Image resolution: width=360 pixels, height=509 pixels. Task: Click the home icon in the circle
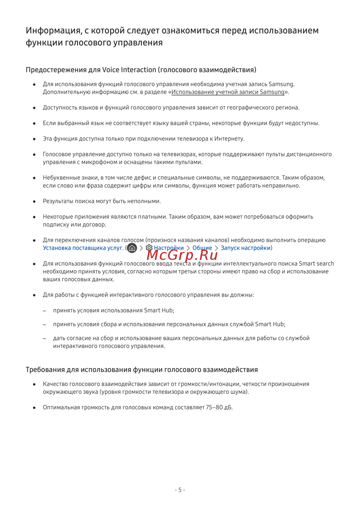click(132, 248)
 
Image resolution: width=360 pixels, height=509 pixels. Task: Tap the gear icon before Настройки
click(149, 248)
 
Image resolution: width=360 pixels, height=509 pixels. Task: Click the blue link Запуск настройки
click(246, 248)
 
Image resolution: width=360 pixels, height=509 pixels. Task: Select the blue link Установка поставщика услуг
click(83, 248)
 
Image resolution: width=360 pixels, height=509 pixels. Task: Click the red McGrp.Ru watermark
click(182, 255)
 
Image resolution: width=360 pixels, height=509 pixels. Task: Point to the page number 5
click(180, 490)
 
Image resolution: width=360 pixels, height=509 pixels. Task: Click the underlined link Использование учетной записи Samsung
click(228, 92)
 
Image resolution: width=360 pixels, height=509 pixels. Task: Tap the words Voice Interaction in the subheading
click(129, 70)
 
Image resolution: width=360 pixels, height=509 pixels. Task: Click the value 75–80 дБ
click(219, 407)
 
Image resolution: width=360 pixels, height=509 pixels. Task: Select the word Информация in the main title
click(54, 31)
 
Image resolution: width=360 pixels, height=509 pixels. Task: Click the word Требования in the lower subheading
click(45, 370)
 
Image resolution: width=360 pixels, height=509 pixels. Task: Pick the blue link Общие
click(202, 248)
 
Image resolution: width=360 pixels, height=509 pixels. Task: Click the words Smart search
click(316, 263)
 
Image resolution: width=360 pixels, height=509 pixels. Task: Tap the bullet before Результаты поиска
click(34, 202)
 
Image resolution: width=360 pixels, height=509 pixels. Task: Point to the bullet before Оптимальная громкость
click(34, 408)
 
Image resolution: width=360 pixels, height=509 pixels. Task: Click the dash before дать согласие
click(45, 338)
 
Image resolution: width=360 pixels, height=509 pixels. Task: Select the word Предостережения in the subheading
click(56, 70)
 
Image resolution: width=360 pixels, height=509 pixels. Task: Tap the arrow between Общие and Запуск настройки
click(216, 248)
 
